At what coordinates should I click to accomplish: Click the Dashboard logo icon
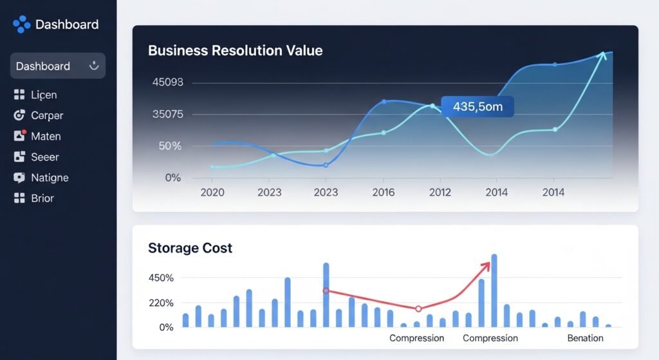pyautogui.click(x=21, y=24)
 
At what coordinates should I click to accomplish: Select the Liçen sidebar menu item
pyautogui.click(x=44, y=95)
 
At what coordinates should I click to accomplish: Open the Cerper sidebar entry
pyautogui.click(x=47, y=115)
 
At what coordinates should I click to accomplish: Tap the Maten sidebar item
pyautogui.click(x=46, y=136)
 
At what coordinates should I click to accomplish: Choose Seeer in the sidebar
pyautogui.click(x=45, y=156)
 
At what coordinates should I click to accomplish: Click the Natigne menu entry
pyautogui.click(x=50, y=177)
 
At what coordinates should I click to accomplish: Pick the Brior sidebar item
pyautogui.click(x=42, y=198)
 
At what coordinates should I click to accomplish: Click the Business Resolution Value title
pyautogui.click(x=235, y=50)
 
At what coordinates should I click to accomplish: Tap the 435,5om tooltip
pyautogui.click(x=478, y=107)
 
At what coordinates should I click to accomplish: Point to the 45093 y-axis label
pyautogui.click(x=167, y=82)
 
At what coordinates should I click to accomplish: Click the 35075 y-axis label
pyautogui.click(x=167, y=115)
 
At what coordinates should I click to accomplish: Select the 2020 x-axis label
pyautogui.click(x=212, y=192)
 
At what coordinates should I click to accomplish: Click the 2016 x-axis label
pyautogui.click(x=383, y=192)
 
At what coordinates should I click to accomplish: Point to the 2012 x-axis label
pyautogui.click(x=440, y=192)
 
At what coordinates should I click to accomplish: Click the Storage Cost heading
pyautogui.click(x=190, y=248)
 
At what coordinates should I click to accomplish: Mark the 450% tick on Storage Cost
pyautogui.click(x=162, y=278)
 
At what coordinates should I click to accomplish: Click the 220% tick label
pyautogui.click(x=162, y=303)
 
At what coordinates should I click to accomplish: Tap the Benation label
pyautogui.click(x=585, y=338)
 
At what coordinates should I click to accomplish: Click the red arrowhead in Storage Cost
pyautogui.click(x=486, y=267)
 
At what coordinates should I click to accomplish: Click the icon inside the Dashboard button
pyautogui.click(x=94, y=65)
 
